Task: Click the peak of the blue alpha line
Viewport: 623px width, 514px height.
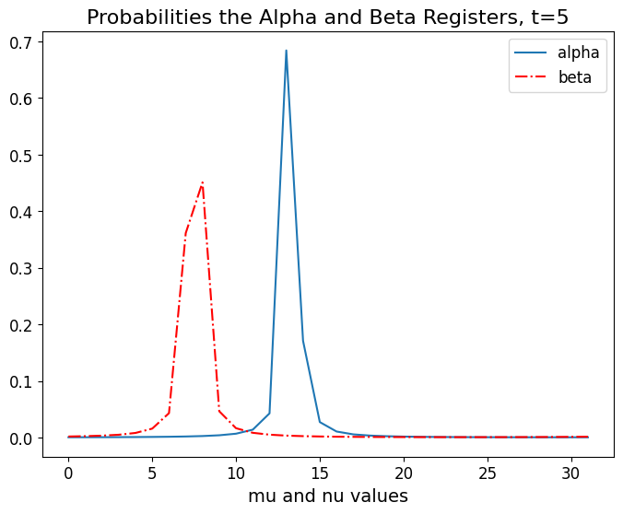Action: pyautogui.click(x=287, y=51)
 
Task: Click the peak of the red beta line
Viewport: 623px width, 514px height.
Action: pyautogui.click(x=202, y=183)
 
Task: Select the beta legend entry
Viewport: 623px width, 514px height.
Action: pyautogui.click(x=582, y=78)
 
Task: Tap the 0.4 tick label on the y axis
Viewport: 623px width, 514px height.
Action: pyautogui.click(x=27, y=212)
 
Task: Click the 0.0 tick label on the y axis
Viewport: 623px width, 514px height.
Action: pyautogui.click(x=27, y=438)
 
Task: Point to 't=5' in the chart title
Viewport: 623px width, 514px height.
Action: pyautogui.click(x=545, y=17)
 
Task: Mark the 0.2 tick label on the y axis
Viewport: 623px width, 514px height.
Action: pyautogui.click(x=27, y=325)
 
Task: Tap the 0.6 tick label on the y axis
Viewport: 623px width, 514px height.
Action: pyautogui.click(x=27, y=99)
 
